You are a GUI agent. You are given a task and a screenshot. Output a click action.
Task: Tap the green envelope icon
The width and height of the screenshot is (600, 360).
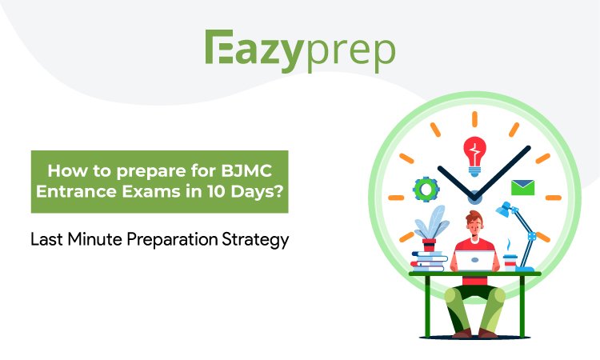522,188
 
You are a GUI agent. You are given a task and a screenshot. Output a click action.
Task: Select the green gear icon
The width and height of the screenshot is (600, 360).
426,190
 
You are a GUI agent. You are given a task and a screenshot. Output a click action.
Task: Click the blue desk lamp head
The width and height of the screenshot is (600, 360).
504,210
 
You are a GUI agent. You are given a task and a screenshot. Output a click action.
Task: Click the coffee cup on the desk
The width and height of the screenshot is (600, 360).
510,259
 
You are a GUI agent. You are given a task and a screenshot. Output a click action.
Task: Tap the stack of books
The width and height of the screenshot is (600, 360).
428,260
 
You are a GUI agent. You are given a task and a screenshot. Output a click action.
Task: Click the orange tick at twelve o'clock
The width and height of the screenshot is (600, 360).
474,119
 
